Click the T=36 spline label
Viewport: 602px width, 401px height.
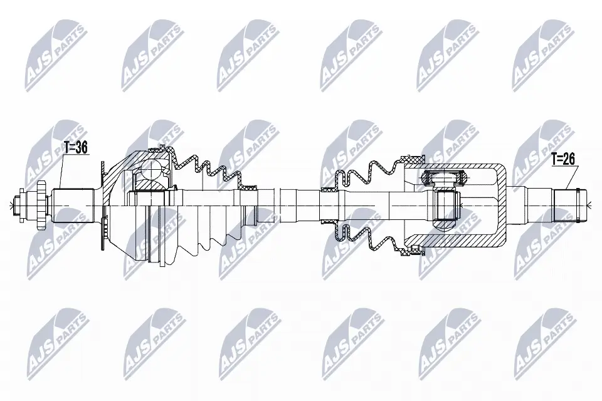[x=76, y=148]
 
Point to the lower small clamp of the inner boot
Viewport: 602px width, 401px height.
[x=330, y=221]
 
